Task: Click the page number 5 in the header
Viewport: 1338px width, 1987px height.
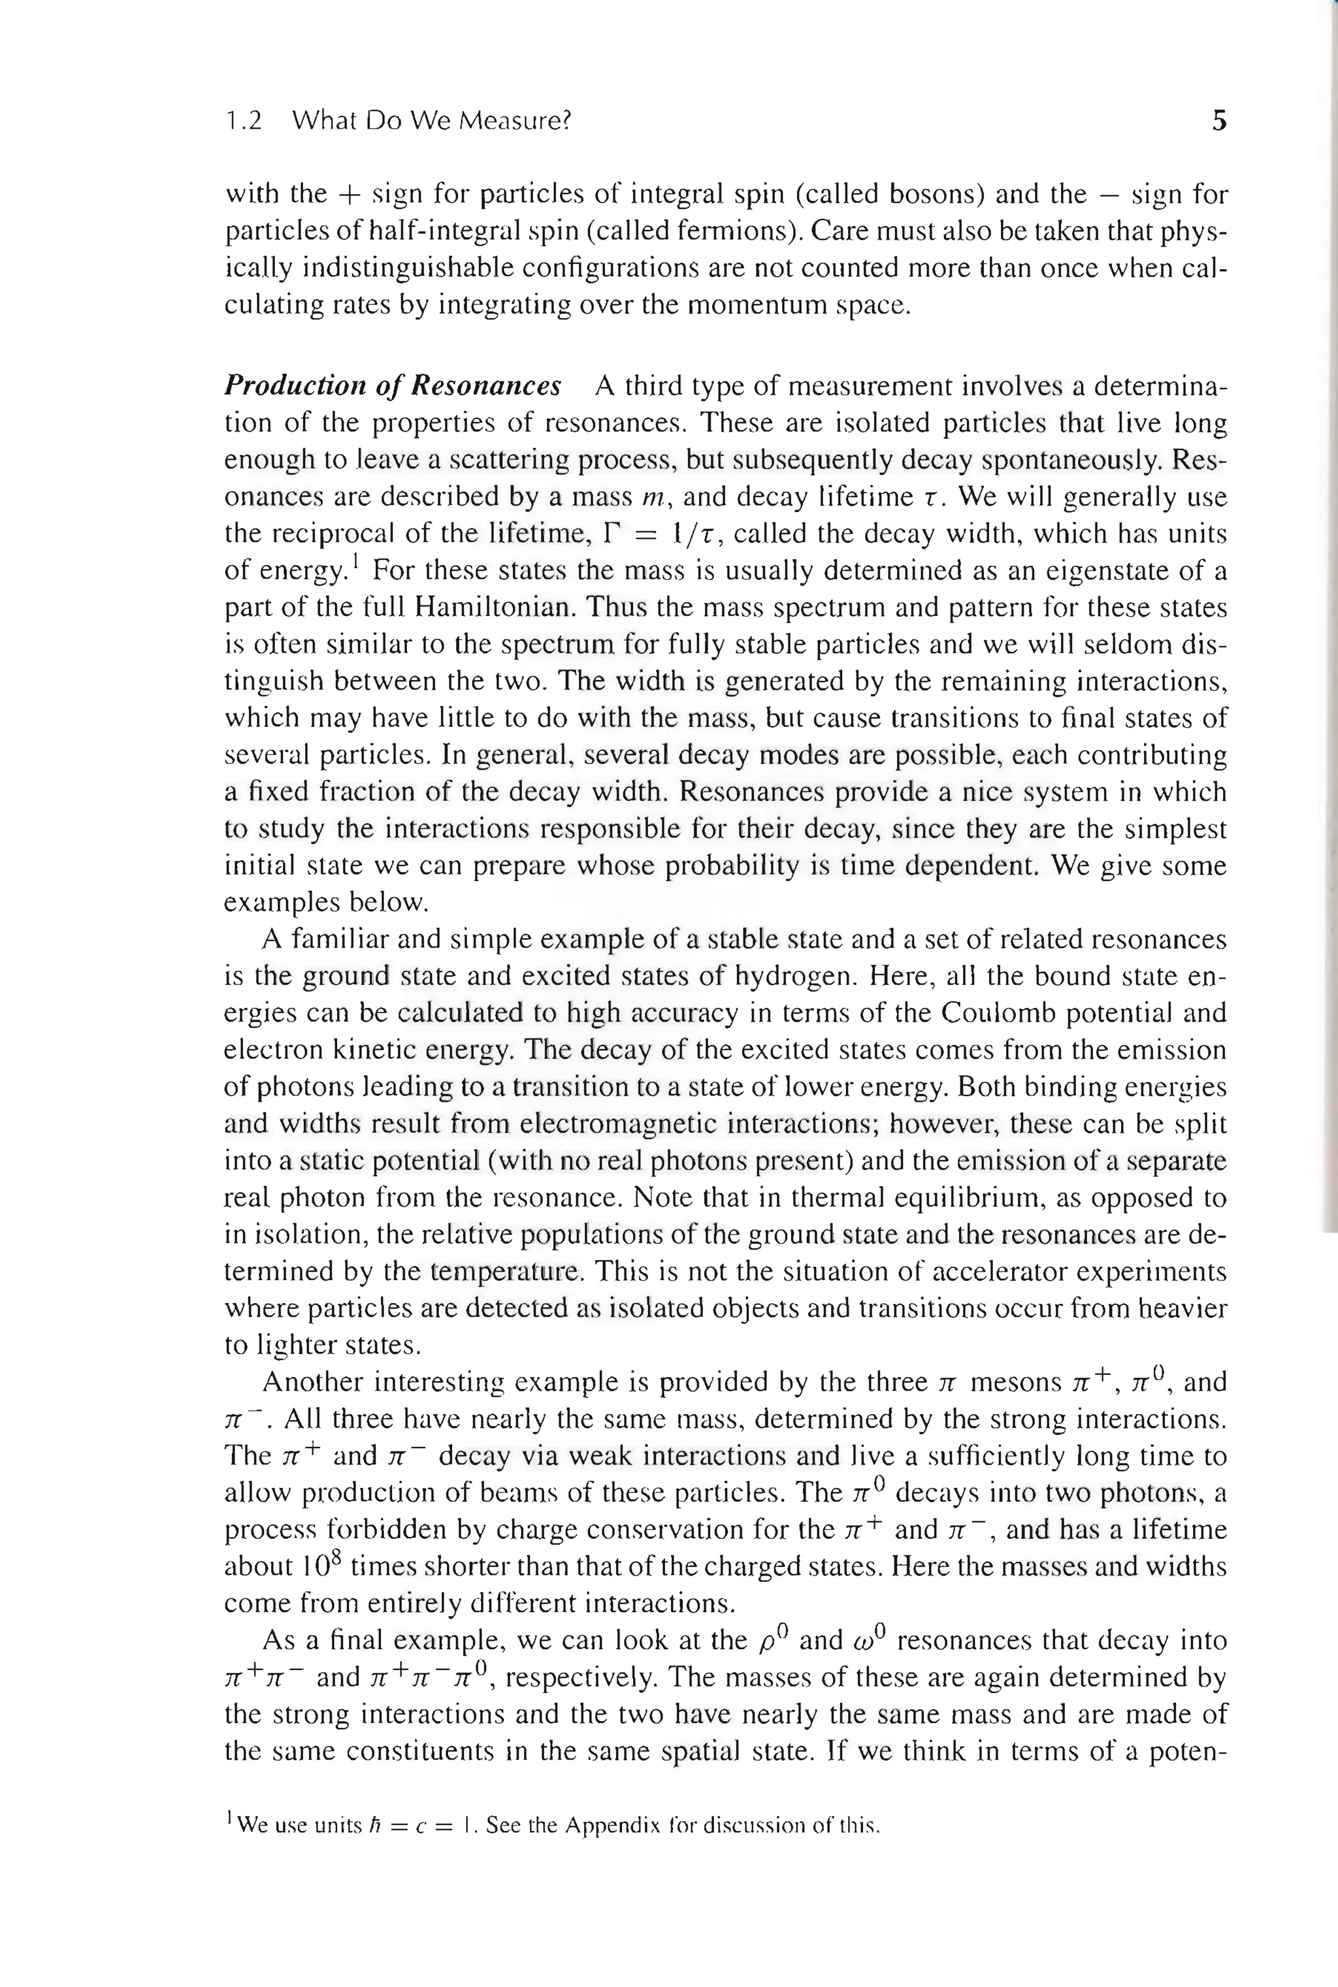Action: [x=1218, y=121]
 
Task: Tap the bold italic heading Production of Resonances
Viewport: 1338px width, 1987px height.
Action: [x=393, y=385]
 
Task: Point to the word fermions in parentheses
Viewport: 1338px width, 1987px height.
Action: [x=753, y=231]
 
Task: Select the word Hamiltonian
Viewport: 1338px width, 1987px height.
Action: [x=493, y=607]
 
